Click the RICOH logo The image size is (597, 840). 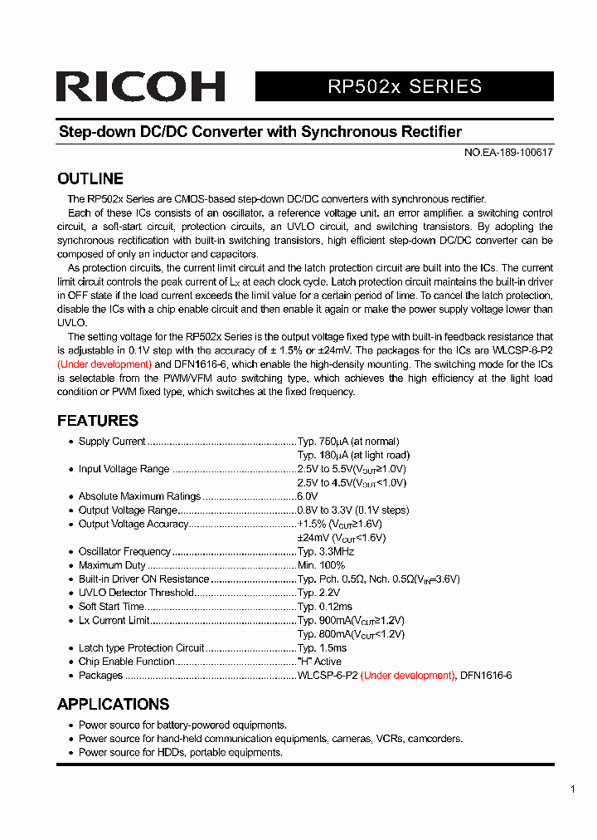[140, 87]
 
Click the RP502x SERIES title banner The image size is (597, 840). [404, 86]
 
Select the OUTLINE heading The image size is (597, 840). [90, 178]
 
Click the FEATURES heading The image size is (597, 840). [98, 420]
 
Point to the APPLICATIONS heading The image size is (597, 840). [113, 704]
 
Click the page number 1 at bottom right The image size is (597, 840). [573, 789]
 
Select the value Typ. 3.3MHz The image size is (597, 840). [326, 551]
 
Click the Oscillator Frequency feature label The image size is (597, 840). [124, 551]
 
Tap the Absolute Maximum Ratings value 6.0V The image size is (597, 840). [308, 496]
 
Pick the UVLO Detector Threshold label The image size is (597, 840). [136, 593]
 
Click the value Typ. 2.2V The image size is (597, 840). [318, 593]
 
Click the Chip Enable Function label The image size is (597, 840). [126, 662]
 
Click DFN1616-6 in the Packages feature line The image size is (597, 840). [486, 676]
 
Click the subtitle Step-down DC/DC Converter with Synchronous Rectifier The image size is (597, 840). [260, 132]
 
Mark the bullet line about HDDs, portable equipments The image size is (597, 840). [181, 752]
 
